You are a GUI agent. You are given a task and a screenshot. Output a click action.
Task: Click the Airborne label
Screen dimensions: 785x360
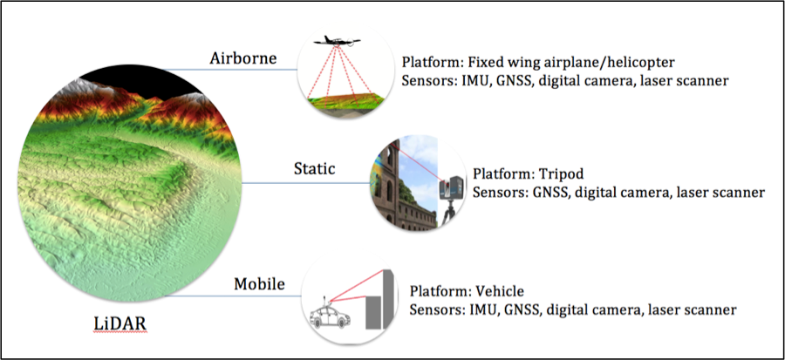coord(242,58)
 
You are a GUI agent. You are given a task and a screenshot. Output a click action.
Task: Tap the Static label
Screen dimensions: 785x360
coord(314,168)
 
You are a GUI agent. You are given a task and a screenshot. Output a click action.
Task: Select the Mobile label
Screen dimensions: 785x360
coord(259,284)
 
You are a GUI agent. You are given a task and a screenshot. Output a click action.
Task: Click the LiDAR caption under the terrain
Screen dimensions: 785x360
coord(120,324)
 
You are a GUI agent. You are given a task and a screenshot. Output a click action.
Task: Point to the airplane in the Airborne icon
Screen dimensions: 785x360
coord(337,41)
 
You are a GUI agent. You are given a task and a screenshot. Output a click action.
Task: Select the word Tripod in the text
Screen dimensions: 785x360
coord(561,174)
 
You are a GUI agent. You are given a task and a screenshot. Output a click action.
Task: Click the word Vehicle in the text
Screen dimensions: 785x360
coord(500,291)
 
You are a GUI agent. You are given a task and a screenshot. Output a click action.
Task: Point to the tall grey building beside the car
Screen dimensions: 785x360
coord(388,299)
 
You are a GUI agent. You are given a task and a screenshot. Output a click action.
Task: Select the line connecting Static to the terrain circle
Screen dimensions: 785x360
coord(306,183)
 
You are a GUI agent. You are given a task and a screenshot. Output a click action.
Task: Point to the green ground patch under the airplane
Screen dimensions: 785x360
coord(345,101)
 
